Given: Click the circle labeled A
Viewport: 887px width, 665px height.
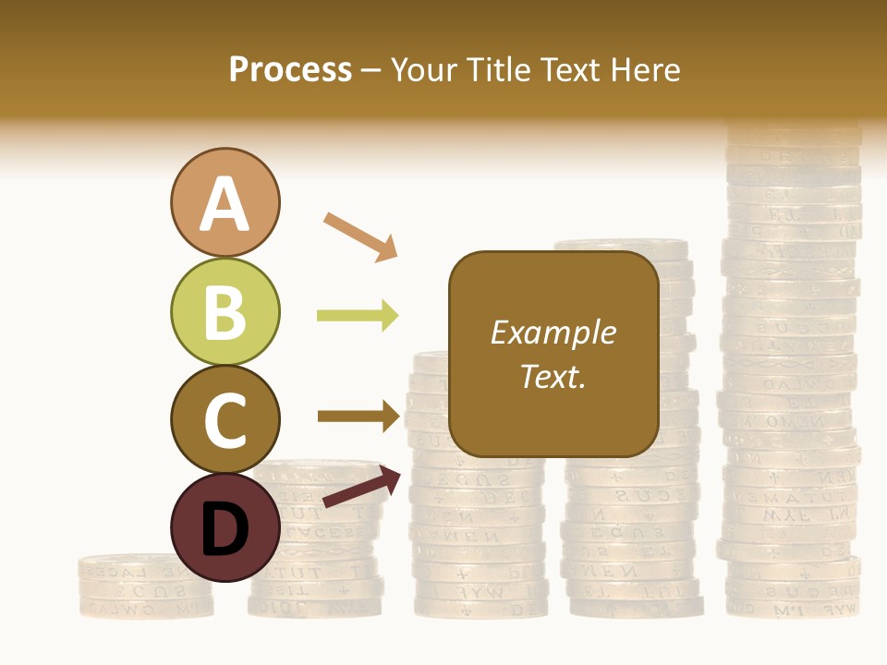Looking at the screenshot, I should tap(225, 202).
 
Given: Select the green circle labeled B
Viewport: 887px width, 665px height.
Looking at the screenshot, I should tap(225, 311).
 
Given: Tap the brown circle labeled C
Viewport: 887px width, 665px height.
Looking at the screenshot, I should tap(225, 419).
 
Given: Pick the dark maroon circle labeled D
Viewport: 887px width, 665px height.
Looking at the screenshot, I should tap(225, 527).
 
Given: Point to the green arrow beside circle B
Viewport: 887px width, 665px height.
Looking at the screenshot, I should tap(358, 316).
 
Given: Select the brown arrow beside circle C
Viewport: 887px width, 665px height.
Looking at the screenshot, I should tap(358, 416).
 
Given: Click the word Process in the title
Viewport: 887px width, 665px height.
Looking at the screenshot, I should tap(290, 70).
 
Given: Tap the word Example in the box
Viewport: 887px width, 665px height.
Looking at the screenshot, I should tap(553, 332).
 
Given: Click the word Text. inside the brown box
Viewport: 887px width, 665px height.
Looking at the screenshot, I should tap(553, 376).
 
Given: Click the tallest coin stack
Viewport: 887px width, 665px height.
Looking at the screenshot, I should tap(792, 369).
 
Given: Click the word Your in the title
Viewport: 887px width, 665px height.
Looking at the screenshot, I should tap(424, 70).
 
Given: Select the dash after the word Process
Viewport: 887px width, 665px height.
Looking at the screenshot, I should tap(371, 71).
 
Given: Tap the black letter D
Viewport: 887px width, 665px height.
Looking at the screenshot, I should tap(225, 530).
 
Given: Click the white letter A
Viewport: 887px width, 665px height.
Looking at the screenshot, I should tap(225, 204).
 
